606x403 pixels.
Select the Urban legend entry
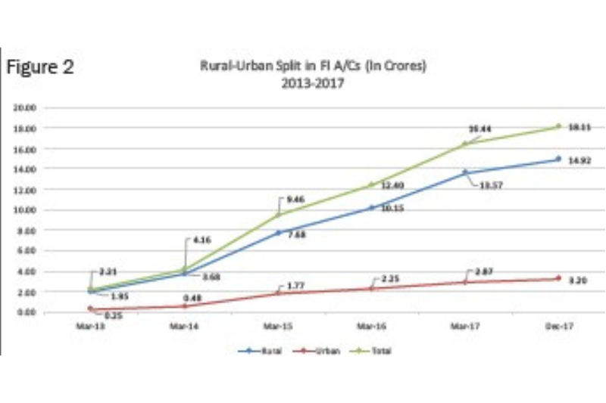coord(326,351)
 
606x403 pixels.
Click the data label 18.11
coord(579,127)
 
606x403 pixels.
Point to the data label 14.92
coord(579,160)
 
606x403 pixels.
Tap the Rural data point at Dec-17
coord(558,159)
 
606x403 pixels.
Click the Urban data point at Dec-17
coord(558,278)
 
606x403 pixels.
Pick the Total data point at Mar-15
coord(278,215)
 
